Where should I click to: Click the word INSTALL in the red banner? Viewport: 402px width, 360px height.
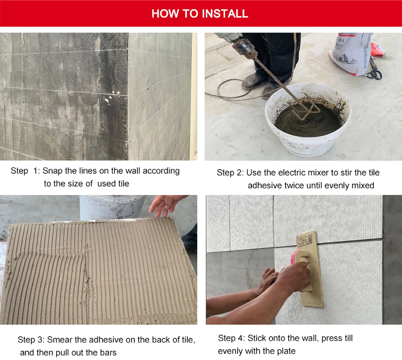(x=225, y=14)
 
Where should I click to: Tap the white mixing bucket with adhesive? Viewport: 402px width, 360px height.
(x=308, y=119)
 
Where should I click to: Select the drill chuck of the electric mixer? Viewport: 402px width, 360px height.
(x=244, y=48)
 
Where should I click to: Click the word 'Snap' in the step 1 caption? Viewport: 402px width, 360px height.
(x=52, y=171)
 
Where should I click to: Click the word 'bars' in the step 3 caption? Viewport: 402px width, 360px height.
(x=108, y=353)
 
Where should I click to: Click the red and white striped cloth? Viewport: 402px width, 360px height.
(x=377, y=49)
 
